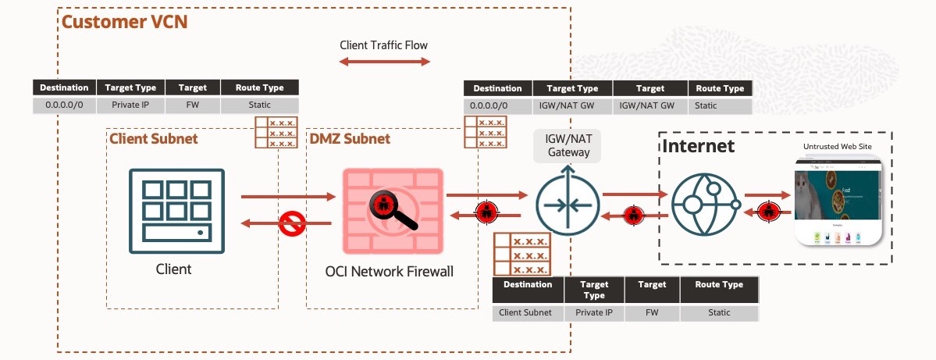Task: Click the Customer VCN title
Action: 124,21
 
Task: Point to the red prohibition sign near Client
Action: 292,225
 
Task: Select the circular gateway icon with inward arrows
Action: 568,206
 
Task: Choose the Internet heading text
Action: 699,146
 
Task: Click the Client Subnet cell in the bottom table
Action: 525,312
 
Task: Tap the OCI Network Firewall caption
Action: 389,272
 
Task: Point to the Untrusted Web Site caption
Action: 837,146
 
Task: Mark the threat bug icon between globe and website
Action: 768,210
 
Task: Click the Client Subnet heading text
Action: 154,139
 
